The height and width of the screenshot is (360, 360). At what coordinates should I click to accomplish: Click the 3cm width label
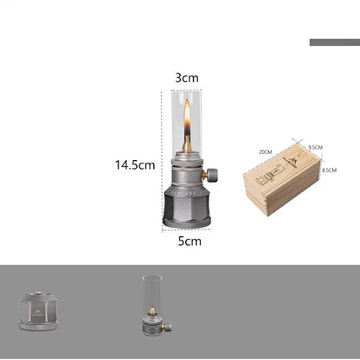(x=187, y=78)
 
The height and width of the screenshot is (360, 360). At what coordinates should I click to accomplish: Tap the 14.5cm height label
(x=135, y=165)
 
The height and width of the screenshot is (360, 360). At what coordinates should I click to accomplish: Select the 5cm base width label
(x=190, y=241)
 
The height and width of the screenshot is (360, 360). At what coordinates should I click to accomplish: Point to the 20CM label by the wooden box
(x=266, y=151)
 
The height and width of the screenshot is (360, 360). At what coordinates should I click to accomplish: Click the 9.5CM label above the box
(x=315, y=147)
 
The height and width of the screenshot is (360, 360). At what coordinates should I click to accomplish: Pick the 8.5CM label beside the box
(x=329, y=170)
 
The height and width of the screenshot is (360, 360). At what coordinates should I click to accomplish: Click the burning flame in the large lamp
(x=187, y=117)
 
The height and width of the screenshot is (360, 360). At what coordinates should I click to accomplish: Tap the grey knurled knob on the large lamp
(x=212, y=175)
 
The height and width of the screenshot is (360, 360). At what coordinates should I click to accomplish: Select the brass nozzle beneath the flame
(x=187, y=145)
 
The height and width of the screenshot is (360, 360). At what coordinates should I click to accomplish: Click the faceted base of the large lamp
(x=187, y=207)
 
